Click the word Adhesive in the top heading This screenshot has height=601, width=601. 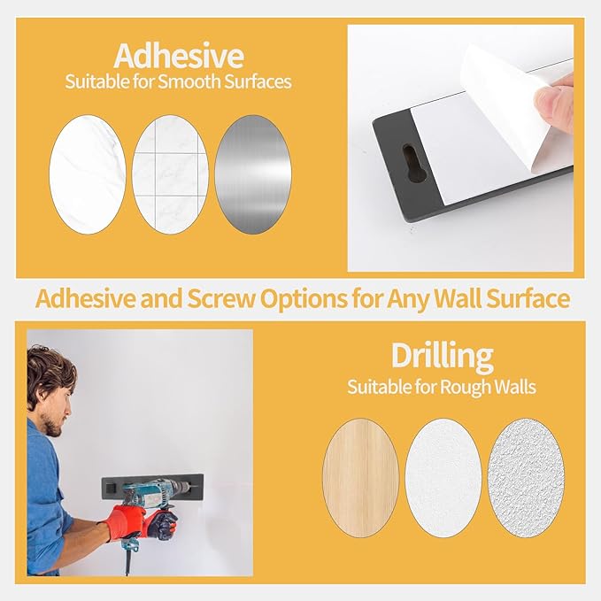tap(179, 57)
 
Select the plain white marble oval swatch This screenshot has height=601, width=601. tap(88, 174)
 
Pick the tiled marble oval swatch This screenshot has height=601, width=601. tap(171, 174)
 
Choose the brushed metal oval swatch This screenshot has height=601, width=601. tap(253, 174)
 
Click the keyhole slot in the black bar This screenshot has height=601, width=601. tap(413, 163)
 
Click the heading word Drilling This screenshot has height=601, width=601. tap(443, 357)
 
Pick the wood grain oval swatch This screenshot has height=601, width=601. tap(360, 478)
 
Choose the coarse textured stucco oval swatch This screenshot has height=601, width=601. tap(526, 478)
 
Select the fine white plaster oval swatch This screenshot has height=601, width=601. tap(443, 478)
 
